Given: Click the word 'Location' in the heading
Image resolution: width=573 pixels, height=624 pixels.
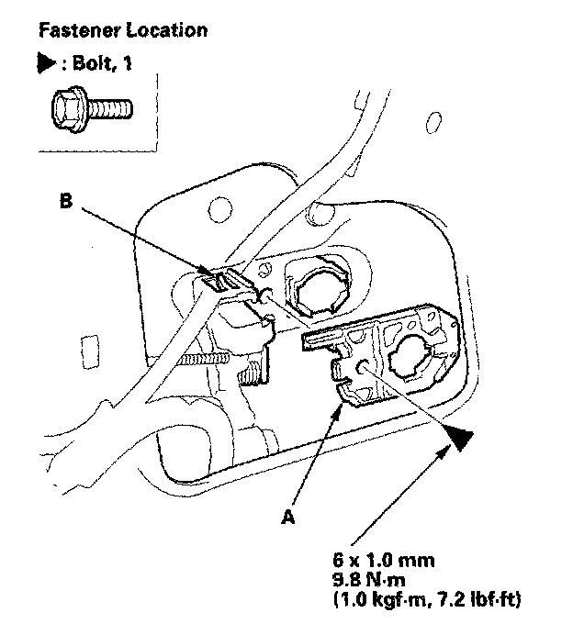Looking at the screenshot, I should pyautogui.click(x=166, y=30).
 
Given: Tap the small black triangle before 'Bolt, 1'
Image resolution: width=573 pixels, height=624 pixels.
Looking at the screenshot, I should pyautogui.click(x=42, y=68).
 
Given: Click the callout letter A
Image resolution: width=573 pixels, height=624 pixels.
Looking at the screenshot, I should pyautogui.click(x=288, y=517).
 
